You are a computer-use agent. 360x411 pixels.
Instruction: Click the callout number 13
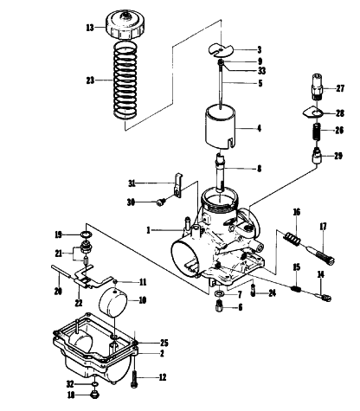click(90, 28)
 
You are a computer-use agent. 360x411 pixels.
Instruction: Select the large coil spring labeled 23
click(125, 80)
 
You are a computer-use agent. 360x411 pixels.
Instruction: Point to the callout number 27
click(340, 88)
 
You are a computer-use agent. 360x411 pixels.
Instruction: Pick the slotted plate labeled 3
click(221, 49)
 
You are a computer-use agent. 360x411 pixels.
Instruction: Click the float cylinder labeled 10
click(114, 301)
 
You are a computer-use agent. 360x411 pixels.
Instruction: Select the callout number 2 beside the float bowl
click(162, 353)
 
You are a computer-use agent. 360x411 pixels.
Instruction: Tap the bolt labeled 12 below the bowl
click(134, 378)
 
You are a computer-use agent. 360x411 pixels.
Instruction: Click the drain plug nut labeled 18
click(95, 395)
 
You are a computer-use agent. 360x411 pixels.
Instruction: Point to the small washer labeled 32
click(94, 384)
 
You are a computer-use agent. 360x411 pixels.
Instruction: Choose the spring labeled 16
click(292, 238)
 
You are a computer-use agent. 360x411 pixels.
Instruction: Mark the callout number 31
click(132, 183)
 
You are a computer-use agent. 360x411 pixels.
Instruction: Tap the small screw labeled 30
click(160, 202)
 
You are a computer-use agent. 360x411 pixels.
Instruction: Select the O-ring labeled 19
click(86, 234)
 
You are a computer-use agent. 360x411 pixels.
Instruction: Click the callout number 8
click(259, 169)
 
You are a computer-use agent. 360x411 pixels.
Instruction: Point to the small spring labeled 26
click(317, 132)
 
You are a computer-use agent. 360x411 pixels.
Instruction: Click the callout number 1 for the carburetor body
click(148, 230)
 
